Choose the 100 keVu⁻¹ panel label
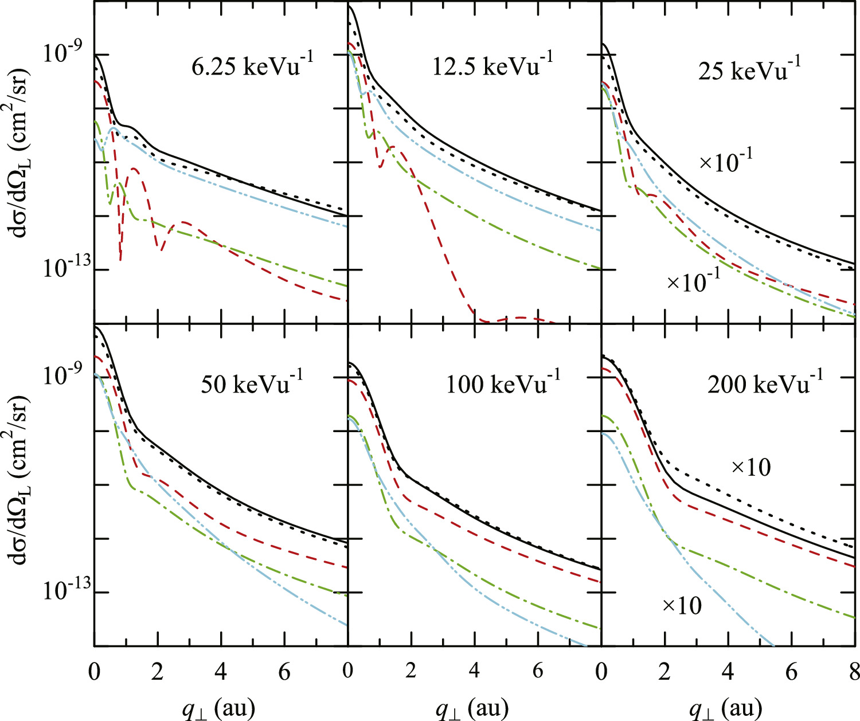(x=503, y=383)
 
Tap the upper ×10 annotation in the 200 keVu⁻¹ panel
(x=751, y=468)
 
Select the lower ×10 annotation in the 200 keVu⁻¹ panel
(x=682, y=605)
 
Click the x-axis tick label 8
(x=854, y=671)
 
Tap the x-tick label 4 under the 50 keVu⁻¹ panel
(x=221, y=671)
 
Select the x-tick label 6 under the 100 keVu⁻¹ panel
(x=538, y=671)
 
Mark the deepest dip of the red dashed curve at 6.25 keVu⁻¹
(x=120, y=259)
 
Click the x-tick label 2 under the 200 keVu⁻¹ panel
(x=664, y=671)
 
